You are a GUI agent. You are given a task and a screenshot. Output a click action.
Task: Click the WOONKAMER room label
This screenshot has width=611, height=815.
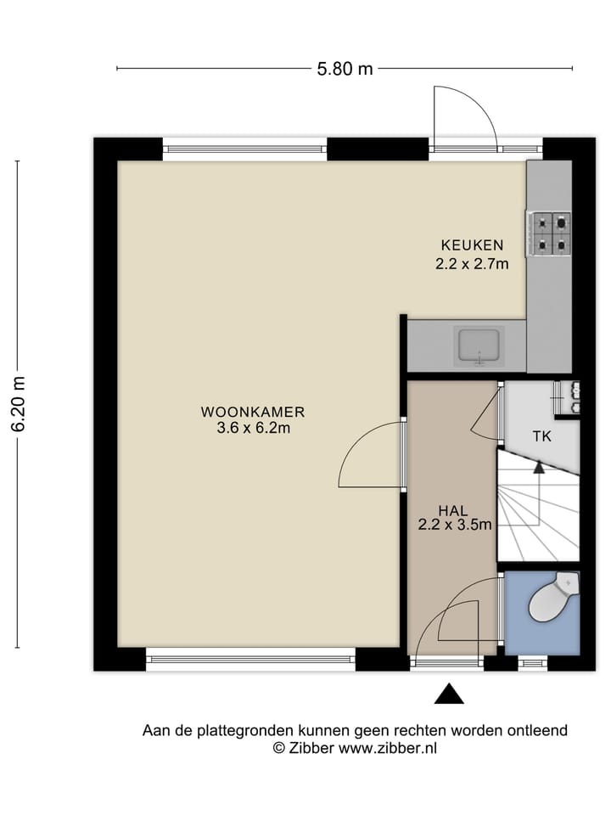tap(253, 413)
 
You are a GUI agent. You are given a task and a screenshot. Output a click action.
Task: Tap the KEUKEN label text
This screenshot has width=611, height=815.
tap(473, 244)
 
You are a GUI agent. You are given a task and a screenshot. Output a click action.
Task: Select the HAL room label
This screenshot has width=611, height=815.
tap(452, 511)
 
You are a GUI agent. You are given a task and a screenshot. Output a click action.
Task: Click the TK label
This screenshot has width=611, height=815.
tap(542, 436)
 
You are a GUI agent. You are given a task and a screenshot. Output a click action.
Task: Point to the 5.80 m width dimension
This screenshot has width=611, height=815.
tap(345, 69)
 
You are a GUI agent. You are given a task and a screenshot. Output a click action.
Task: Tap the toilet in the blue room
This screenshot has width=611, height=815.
tap(552, 598)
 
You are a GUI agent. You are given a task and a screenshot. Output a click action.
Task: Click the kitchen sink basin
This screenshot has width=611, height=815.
tap(479, 346)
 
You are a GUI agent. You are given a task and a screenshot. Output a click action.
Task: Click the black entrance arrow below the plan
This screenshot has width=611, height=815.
tap(449, 694)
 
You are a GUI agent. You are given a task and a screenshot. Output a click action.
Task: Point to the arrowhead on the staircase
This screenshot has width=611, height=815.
tap(539, 467)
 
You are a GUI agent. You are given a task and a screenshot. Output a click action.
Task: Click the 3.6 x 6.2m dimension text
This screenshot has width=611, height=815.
tap(253, 428)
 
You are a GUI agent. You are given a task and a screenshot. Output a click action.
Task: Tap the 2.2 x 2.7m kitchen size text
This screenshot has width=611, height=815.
tap(472, 264)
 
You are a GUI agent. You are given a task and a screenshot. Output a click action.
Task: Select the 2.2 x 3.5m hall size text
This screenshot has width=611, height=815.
tap(455, 525)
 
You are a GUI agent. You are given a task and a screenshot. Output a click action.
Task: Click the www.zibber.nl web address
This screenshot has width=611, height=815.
tap(388, 749)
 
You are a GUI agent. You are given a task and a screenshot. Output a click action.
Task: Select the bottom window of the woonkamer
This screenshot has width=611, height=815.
tap(250, 659)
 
